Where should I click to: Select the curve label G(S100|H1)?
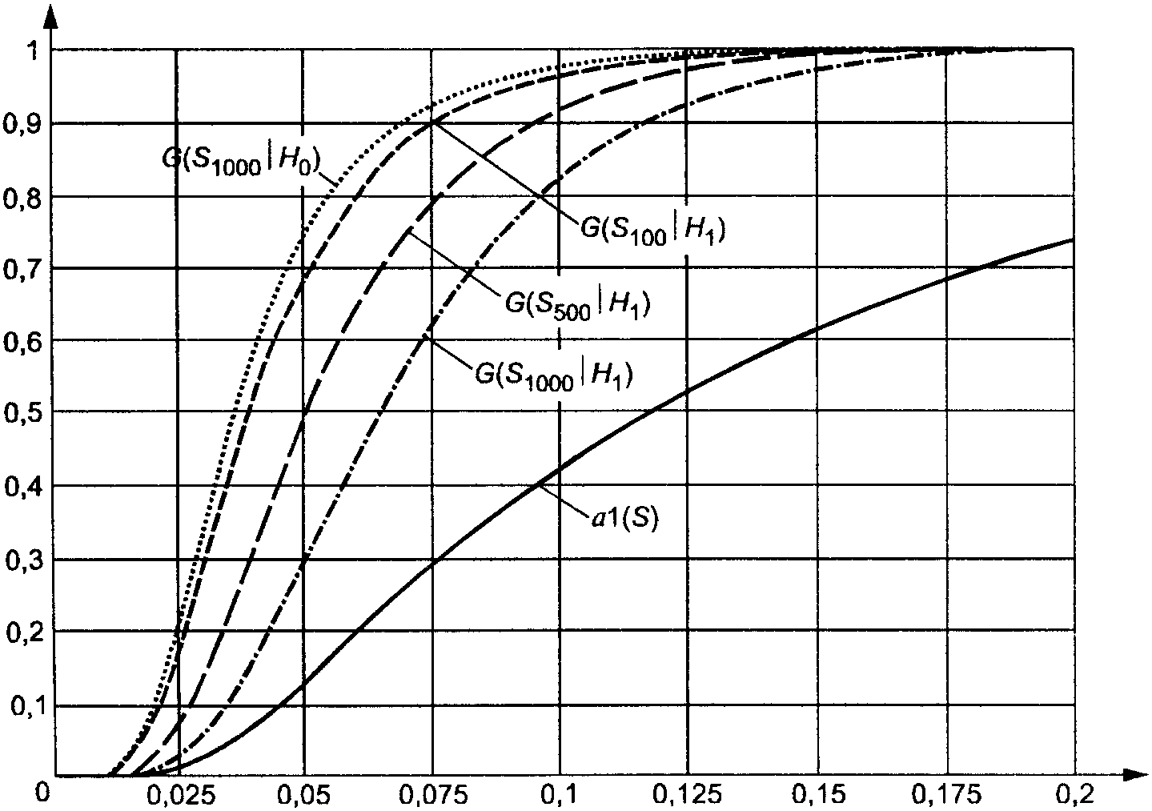652,231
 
